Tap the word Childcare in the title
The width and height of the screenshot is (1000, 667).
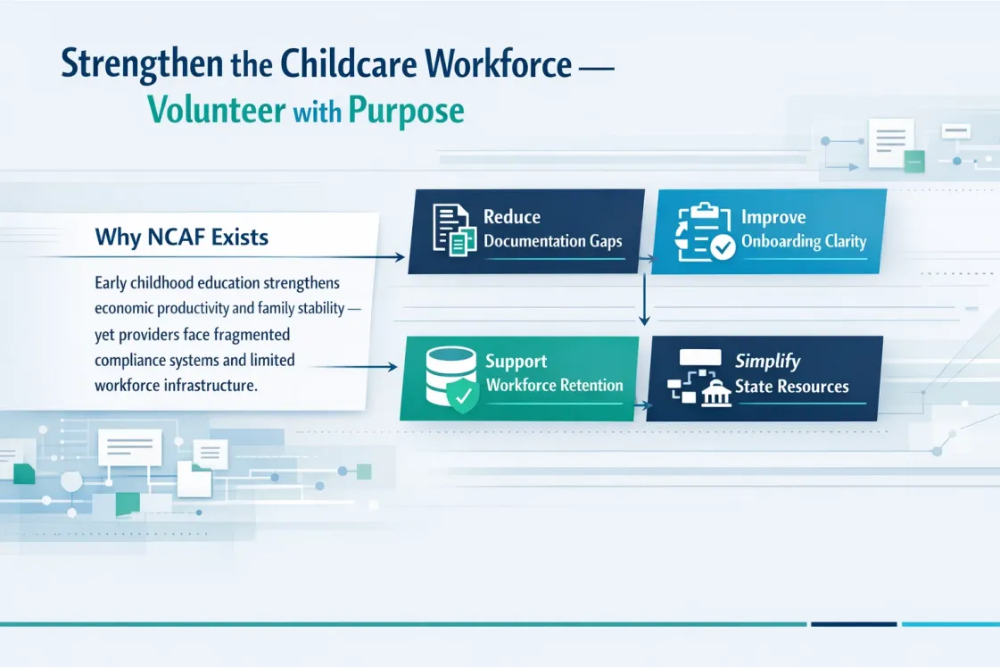click(x=349, y=63)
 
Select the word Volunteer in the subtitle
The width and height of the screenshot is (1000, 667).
click(x=216, y=110)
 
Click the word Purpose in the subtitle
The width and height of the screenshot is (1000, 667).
click(x=406, y=111)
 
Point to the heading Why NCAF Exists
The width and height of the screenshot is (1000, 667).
click(x=182, y=238)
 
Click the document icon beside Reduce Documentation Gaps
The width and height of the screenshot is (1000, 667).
click(x=454, y=229)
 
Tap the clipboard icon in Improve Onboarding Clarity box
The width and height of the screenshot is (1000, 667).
click(x=705, y=231)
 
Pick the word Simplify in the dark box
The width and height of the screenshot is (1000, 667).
click(x=767, y=362)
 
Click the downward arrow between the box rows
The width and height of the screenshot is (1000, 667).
click(x=644, y=300)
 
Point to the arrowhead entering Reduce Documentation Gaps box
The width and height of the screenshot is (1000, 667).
click(x=400, y=257)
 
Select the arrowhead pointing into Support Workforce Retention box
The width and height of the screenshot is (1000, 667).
click(x=393, y=367)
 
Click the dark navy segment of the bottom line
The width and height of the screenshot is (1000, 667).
click(x=854, y=624)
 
